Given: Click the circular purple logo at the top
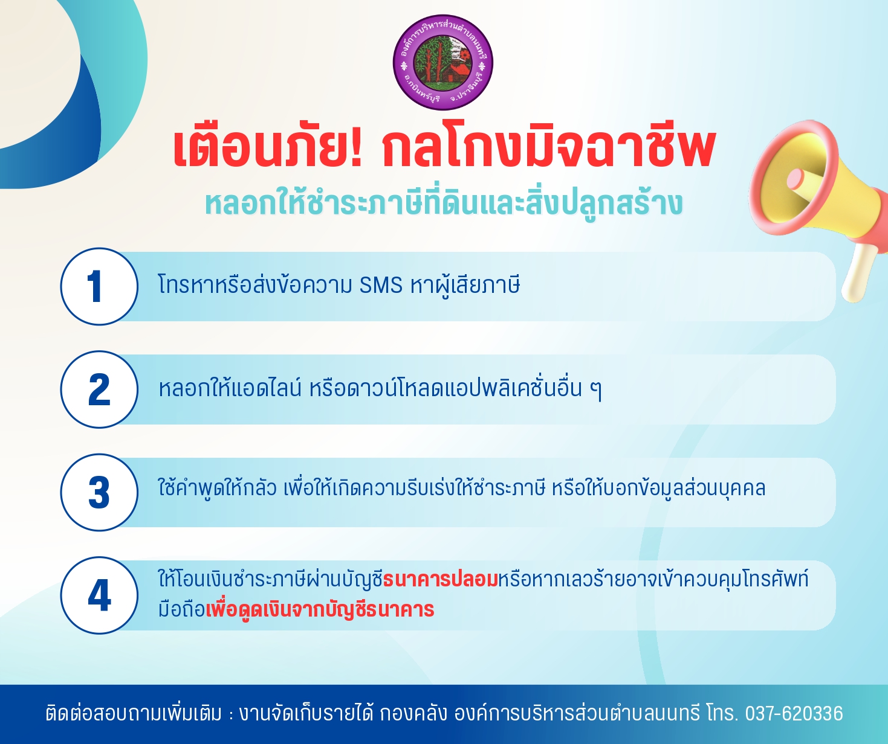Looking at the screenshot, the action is pyautogui.click(x=442, y=62).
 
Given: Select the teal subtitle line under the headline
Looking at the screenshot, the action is pyautogui.click(x=444, y=203).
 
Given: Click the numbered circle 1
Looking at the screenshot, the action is pyautogui.click(x=99, y=286).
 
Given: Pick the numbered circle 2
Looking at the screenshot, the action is pyautogui.click(x=99, y=389).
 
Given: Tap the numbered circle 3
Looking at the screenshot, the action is pyautogui.click(x=99, y=492).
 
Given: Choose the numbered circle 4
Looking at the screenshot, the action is pyautogui.click(x=99, y=595).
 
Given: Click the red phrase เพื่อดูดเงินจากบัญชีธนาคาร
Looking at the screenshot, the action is pyautogui.click(x=320, y=609).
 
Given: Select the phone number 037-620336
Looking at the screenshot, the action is pyautogui.click(x=794, y=713).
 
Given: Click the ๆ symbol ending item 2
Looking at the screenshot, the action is pyautogui.click(x=596, y=390).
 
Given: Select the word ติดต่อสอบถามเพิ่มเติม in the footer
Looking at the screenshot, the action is pyautogui.click(x=134, y=713).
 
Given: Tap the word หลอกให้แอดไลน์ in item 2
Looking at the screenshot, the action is pyautogui.click(x=230, y=388).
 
